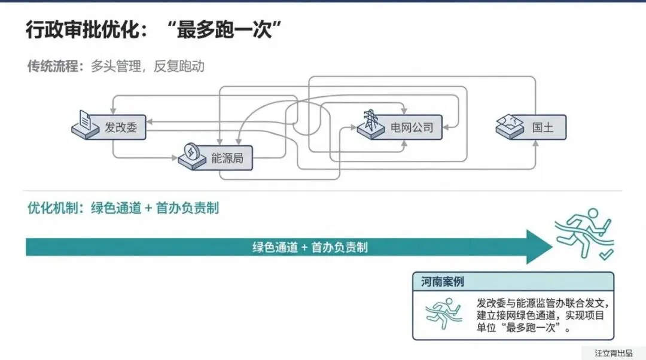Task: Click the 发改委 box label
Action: [x=121, y=127]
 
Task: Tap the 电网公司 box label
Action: [x=412, y=127]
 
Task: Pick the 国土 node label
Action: [x=543, y=127]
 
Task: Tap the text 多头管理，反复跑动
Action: [x=148, y=66]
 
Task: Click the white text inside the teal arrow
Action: [x=310, y=247]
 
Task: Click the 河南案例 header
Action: [x=442, y=281]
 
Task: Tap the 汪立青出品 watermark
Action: [x=613, y=353]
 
